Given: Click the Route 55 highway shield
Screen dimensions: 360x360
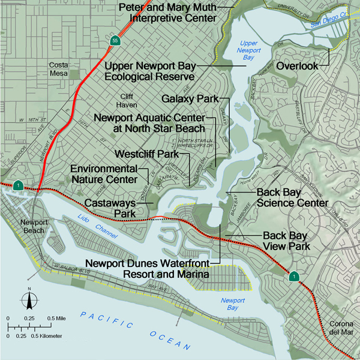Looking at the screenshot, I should click(115, 41).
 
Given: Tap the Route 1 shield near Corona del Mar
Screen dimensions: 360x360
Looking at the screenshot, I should click(294, 277).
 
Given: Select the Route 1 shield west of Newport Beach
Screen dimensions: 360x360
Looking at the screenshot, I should click(19, 185).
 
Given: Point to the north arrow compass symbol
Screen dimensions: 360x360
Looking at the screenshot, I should click(28, 299).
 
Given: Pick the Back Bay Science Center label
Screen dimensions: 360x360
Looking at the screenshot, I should click(292, 197).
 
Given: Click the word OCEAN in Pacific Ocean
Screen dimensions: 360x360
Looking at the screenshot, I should click(170, 340).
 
